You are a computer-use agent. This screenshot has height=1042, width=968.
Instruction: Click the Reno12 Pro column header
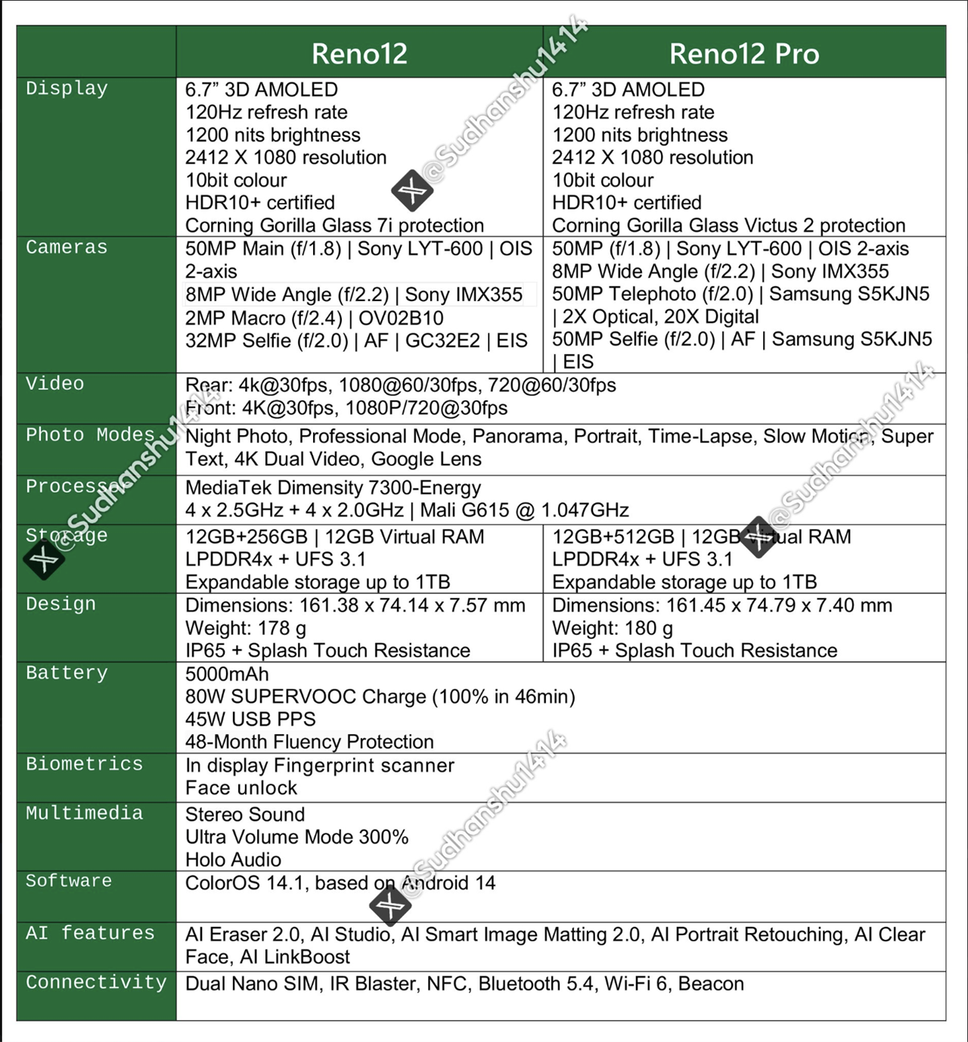pos(743,54)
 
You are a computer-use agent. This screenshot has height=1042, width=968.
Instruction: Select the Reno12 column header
pos(359,54)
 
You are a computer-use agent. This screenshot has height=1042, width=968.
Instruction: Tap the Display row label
pos(67,89)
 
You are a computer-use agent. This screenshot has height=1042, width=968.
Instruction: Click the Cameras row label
pos(67,247)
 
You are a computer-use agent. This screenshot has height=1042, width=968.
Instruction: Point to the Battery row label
pos(67,673)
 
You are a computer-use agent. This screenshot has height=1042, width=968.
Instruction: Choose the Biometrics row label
pos(84,764)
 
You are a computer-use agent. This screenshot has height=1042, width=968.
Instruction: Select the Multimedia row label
pos(84,813)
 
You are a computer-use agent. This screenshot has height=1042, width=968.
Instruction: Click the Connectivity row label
pos(96,982)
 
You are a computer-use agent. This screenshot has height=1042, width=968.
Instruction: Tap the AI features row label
pos(90,933)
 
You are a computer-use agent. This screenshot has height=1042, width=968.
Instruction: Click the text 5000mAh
pos(227,674)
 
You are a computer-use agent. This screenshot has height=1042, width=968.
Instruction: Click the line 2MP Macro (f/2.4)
pos(315,318)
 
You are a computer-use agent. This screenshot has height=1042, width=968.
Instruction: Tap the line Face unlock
pos(241,788)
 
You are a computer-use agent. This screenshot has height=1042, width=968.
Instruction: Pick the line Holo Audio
pos(233,860)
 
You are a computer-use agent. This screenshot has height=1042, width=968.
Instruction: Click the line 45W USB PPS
pos(250,719)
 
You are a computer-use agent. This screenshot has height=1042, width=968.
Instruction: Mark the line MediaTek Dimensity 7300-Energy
pos(333,487)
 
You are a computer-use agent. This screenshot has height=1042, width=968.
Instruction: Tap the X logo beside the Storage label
pos(44,560)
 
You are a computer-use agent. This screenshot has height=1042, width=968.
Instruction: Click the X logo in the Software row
pos(389,904)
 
